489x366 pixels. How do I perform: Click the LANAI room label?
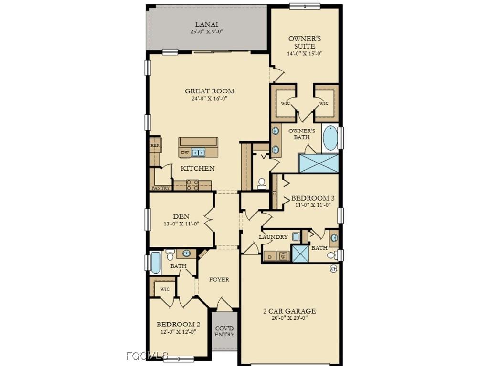point(206,24)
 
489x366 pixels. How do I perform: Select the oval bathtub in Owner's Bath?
point(330,138)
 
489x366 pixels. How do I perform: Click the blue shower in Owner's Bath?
point(318,163)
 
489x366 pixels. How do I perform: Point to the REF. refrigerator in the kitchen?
point(155,145)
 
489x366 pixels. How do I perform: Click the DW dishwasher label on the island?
point(185,152)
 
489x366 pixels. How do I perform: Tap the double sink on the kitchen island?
point(199,152)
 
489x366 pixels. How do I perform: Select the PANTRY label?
point(160,188)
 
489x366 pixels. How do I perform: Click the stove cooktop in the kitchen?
point(192,185)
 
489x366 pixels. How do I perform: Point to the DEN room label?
point(181,216)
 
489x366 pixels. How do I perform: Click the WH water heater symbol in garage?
point(333,269)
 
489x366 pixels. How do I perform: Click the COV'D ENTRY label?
point(224,331)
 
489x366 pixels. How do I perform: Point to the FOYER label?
point(219,279)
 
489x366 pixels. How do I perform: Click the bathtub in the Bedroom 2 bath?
point(156,263)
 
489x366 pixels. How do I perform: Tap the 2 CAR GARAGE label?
point(289,311)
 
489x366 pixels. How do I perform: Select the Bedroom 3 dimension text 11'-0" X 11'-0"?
point(310,205)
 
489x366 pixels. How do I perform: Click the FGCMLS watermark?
point(147,356)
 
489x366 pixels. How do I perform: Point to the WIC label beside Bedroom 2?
point(165,289)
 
